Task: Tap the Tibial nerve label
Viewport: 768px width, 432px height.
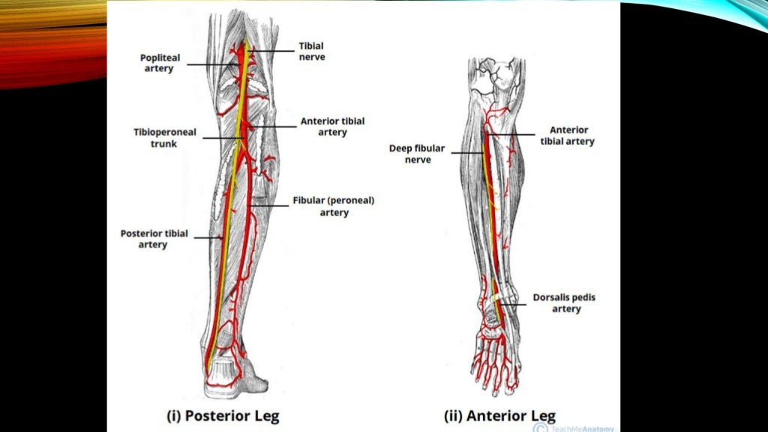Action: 312,51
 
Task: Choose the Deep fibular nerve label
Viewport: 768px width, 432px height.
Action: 418,154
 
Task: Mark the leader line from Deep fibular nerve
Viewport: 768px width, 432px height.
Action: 466,153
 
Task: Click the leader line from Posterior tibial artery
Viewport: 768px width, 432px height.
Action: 207,238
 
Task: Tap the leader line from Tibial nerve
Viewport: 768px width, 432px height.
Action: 270,50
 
